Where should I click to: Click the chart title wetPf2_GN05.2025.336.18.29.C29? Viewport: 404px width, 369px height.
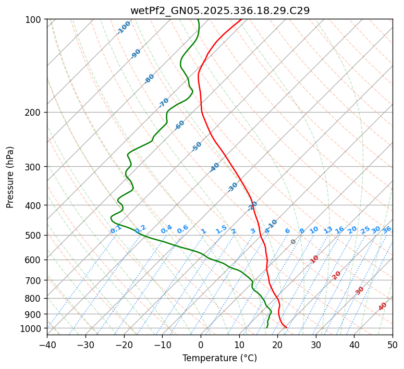pyautogui.click(x=219, y=10)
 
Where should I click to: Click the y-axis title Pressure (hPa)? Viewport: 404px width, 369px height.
pyautogui.click(x=10, y=177)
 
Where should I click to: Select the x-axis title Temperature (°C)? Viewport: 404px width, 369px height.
pyautogui.click(x=219, y=358)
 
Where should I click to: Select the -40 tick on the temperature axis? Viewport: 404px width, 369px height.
pyautogui.click(x=47, y=345)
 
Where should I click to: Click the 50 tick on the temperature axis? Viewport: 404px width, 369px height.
pyautogui.click(x=393, y=345)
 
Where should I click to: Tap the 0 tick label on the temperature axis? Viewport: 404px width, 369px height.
pyautogui.click(x=201, y=345)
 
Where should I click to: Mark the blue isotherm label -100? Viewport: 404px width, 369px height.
pyautogui.click(x=124, y=28)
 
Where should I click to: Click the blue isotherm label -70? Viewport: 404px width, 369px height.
pyautogui.click(x=164, y=103)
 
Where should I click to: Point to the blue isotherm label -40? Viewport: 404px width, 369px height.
pyautogui.click(x=214, y=167)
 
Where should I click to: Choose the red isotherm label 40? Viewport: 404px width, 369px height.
pyautogui.click(x=383, y=306)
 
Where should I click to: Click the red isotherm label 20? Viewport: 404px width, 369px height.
pyautogui.click(x=337, y=275)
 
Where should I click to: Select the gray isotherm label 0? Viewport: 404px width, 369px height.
pyautogui.click(x=293, y=242)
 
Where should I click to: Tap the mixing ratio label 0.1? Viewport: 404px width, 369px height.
pyautogui.click(x=116, y=229)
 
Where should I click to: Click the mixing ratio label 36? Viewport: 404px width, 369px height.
pyautogui.click(x=387, y=229)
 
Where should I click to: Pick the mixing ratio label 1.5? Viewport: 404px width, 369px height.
pyautogui.click(x=221, y=229)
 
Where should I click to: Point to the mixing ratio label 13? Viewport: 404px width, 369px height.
pyautogui.click(x=328, y=230)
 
